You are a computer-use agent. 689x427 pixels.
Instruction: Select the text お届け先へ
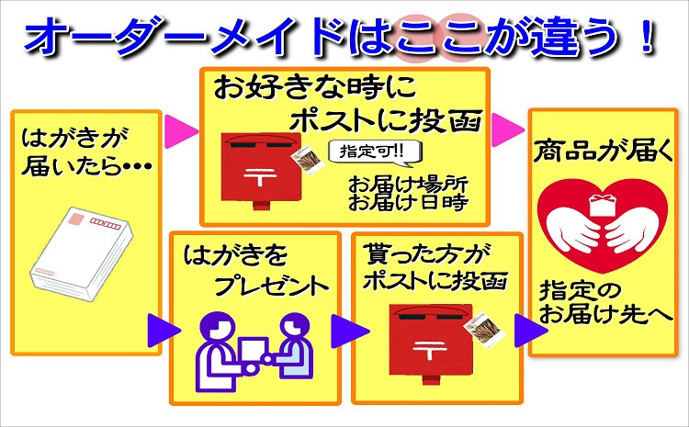tap(603, 315)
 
